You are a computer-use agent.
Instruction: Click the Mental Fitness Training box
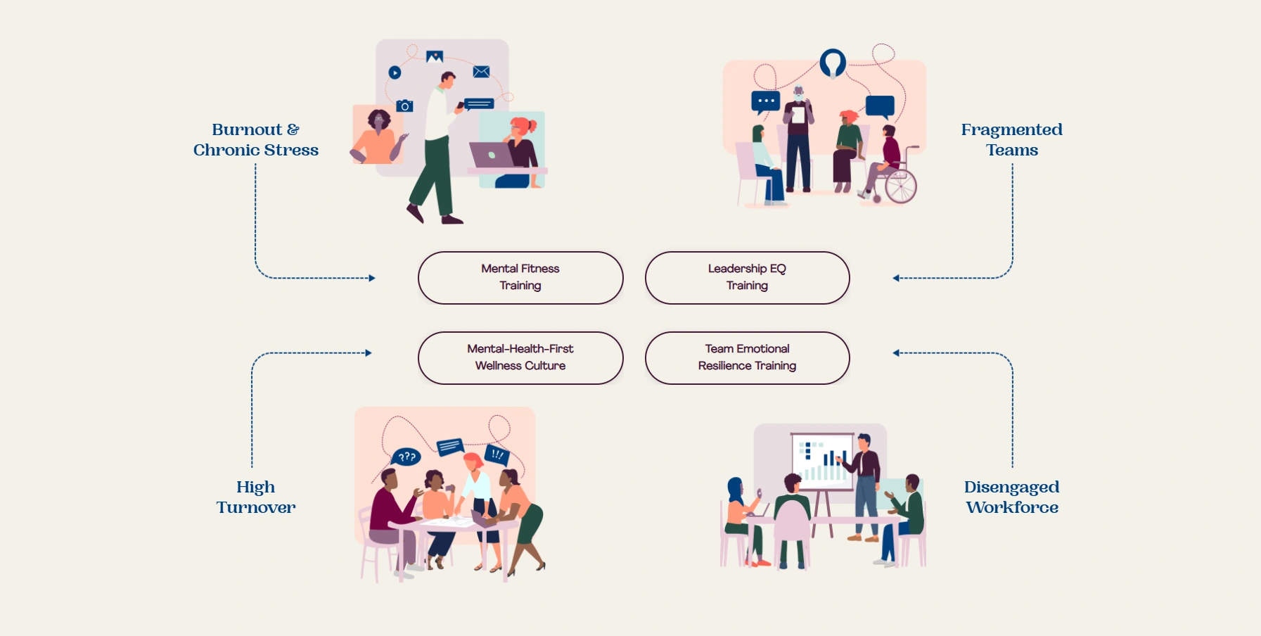[520, 278]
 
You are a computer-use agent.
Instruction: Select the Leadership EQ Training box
[747, 278]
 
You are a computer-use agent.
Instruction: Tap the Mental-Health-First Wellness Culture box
[520, 358]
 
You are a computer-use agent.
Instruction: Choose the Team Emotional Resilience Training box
[747, 358]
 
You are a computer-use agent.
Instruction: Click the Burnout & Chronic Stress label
[256, 140]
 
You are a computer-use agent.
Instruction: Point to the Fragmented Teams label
[1011, 140]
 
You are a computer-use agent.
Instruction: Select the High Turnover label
[256, 497]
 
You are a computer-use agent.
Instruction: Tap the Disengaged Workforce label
[1011, 497]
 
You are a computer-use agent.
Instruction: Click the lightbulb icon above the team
[833, 63]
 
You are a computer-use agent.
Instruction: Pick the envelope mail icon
[481, 72]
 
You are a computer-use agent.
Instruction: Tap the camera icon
[404, 106]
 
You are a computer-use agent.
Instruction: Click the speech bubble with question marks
[407, 457]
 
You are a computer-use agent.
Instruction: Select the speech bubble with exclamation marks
[497, 454]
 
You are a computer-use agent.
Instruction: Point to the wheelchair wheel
[900, 186]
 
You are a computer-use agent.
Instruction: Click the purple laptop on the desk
[491, 155]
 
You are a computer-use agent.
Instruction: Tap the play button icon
[395, 72]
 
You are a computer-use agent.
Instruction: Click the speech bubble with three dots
[765, 101]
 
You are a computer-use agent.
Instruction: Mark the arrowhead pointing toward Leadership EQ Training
[896, 279]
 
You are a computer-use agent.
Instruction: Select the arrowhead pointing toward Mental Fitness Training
[372, 279]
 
